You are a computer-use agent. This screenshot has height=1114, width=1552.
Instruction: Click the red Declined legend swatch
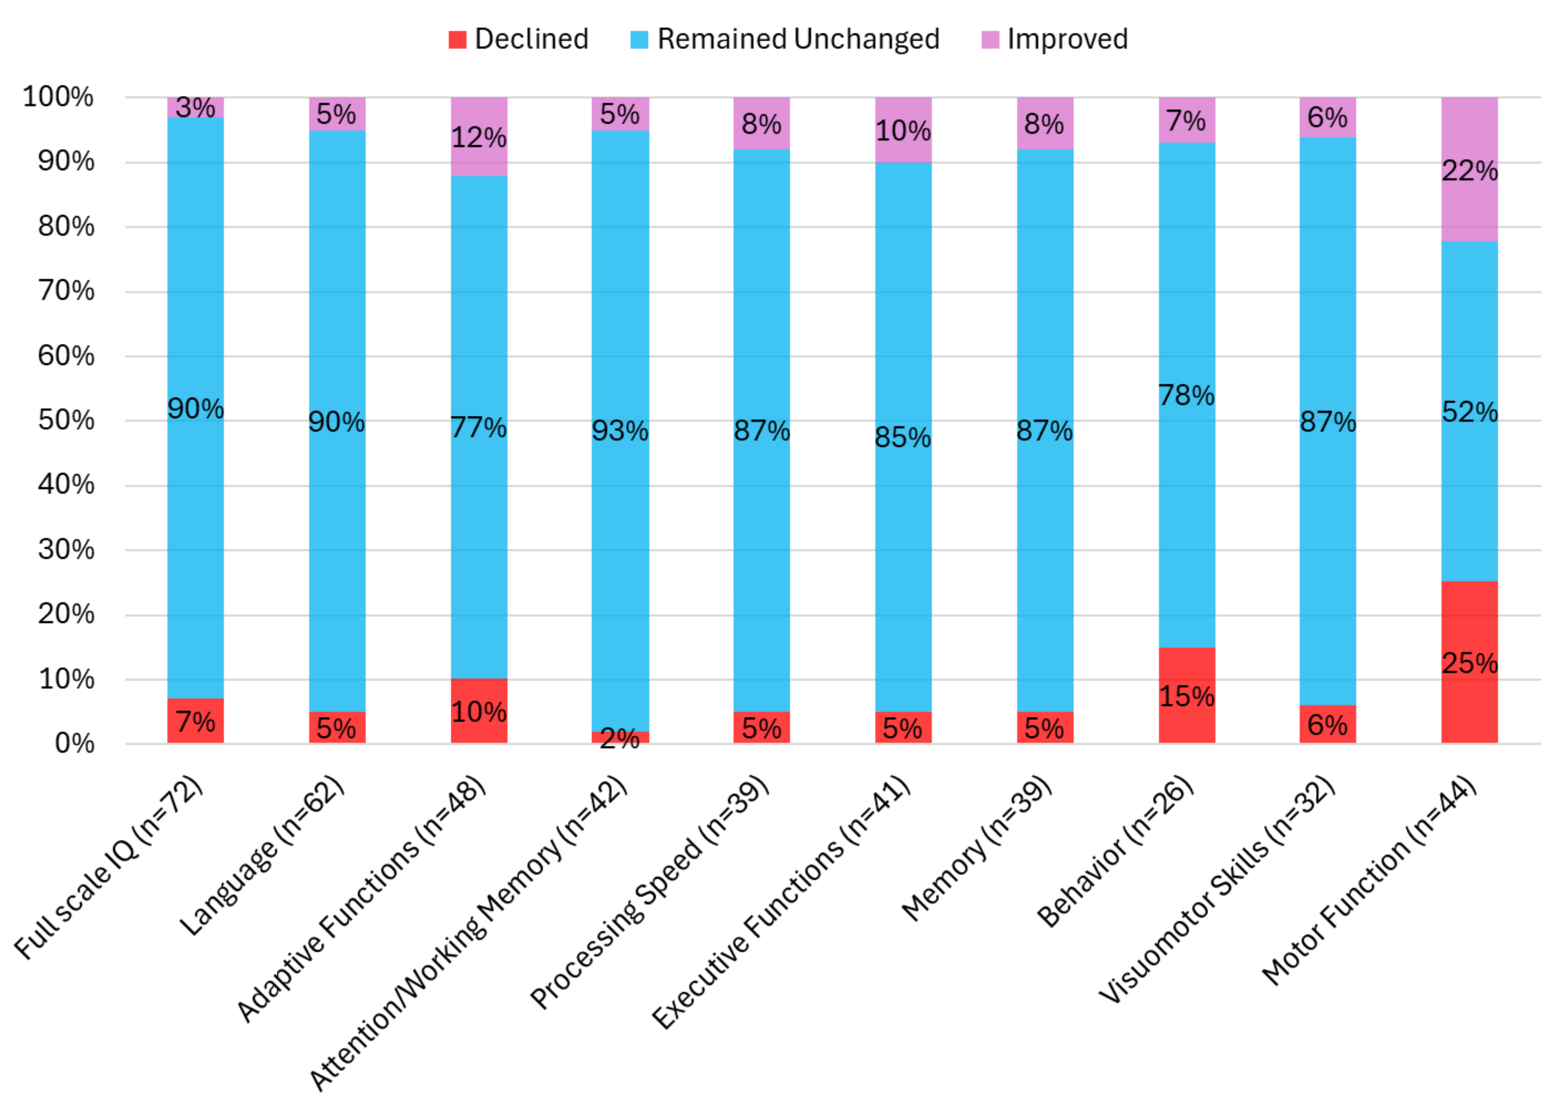click(457, 40)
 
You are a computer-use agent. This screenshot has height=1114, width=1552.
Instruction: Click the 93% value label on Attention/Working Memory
click(620, 431)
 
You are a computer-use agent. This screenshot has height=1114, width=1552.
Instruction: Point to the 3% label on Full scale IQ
click(196, 107)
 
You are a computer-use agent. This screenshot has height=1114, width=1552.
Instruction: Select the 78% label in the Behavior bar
click(1187, 395)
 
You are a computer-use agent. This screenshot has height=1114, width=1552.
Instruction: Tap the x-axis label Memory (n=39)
click(977, 848)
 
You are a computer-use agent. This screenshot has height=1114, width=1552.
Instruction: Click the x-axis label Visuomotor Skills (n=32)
click(1218, 889)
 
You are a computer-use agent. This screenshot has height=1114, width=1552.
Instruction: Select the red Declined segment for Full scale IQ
click(196, 721)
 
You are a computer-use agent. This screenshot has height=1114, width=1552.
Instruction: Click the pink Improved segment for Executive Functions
click(903, 130)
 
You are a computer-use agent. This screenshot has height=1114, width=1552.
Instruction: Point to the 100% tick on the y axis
click(59, 97)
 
